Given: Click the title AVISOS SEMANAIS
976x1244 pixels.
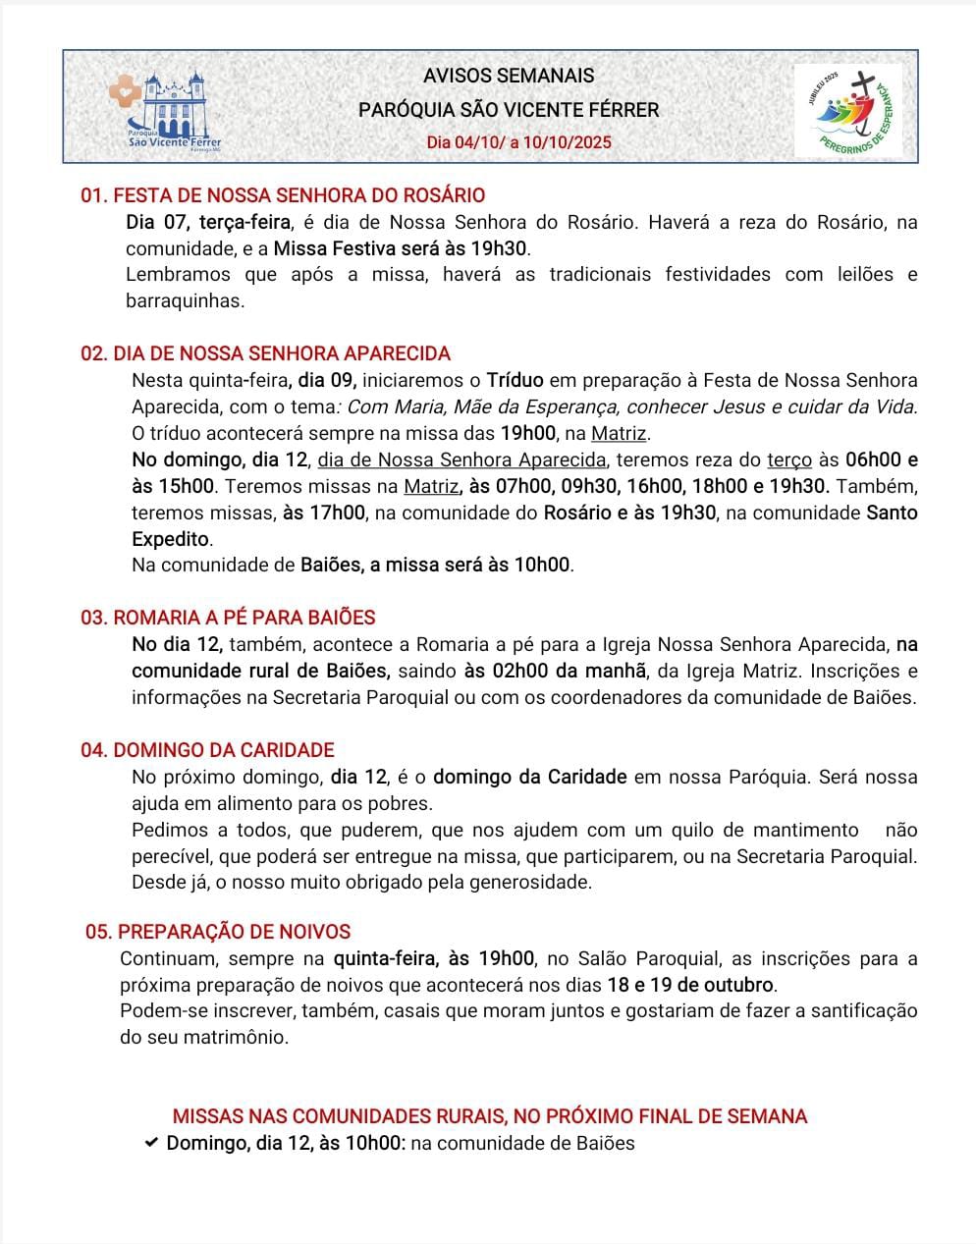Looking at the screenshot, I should [509, 76].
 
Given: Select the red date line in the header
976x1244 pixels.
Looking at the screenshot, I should [518, 142].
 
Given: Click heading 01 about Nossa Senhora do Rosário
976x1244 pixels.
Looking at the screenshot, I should [283, 195].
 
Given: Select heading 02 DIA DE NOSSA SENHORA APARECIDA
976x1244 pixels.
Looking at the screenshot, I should [265, 353].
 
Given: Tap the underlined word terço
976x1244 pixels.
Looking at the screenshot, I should [789, 460].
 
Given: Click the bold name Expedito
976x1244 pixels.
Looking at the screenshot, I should [171, 539].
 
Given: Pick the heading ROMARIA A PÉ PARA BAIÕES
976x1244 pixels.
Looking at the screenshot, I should [228, 618].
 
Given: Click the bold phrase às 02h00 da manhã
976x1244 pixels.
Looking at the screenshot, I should [555, 672].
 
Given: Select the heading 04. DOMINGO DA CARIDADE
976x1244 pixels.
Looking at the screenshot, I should [207, 750].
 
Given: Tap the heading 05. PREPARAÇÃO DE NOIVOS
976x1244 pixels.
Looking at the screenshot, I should [218, 932].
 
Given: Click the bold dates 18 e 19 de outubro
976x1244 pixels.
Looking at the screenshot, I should [691, 985].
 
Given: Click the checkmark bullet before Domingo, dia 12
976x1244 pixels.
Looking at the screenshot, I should [150, 1143].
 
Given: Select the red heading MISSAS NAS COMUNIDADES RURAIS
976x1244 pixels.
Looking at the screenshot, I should [490, 1116].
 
